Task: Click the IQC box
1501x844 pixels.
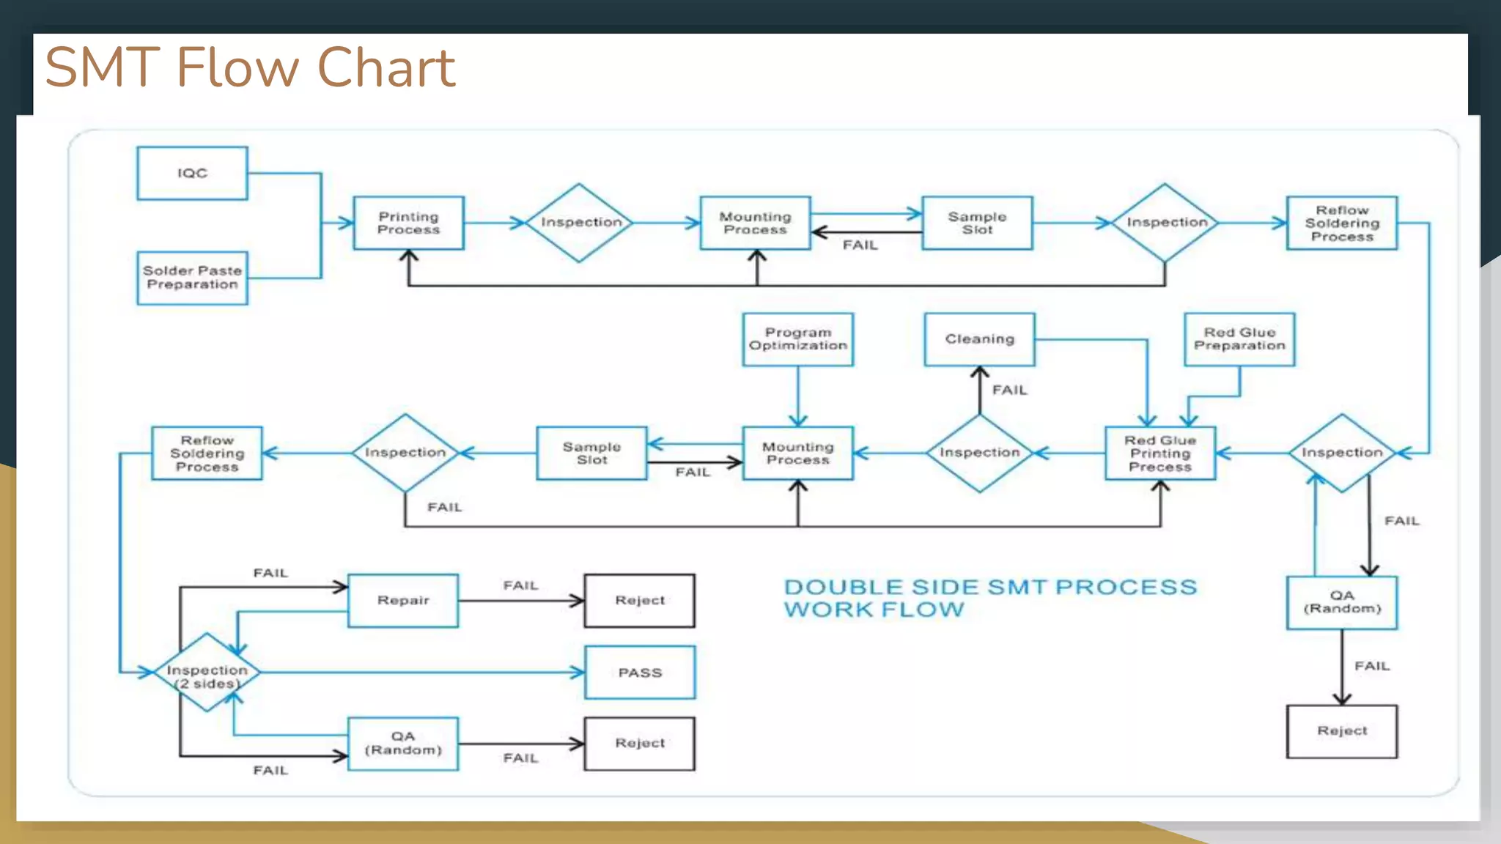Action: click(x=192, y=173)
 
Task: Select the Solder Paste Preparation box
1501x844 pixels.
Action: click(x=192, y=278)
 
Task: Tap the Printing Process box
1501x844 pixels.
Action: click(x=408, y=223)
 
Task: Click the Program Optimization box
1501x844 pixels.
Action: click(x=797, y=339)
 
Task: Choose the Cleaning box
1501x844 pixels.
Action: click(x=979, y=339)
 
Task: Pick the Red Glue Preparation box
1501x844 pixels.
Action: click(x=1239, y=339)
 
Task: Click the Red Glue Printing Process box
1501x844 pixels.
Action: click(x=1159, y=454)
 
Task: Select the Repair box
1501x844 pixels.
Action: click(x=402, y=600)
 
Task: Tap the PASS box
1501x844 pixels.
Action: click(x=639, y=673)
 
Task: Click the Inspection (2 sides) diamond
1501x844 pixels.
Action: click(x=207, y=673)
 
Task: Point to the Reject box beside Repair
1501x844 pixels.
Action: click(x=639, y=600)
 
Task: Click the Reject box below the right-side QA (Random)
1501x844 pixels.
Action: click(x=1341, y=731)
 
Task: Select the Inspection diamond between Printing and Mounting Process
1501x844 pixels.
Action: click(x=579, y=223)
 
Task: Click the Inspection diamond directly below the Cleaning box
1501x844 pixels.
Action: click(x=979, y=454)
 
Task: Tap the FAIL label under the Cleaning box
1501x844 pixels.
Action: click(x=1009, y=390)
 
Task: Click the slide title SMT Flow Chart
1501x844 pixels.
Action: click(x=250, y=67)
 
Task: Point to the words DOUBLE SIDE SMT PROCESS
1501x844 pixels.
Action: click(x=989, y=587)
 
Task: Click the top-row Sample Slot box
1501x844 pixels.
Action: click(x=977, y=223)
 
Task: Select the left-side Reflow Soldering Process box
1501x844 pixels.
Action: click(x=207, y=454)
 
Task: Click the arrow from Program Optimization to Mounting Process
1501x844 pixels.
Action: click(x=797, y=396)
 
